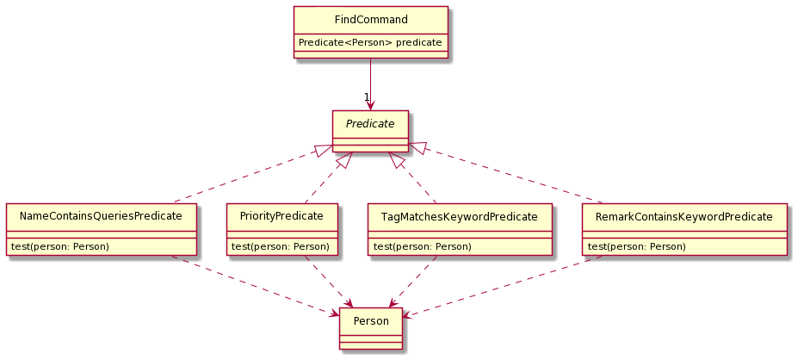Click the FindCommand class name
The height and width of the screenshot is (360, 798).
click(x=370, y=19)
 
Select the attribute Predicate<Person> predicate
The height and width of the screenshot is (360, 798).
click(x=370, y=41)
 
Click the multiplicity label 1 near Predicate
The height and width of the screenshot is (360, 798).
click(x=366, y=96)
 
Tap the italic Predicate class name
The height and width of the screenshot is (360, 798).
click(x=370, y=124)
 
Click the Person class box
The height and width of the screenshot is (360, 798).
click(x=370, y=321)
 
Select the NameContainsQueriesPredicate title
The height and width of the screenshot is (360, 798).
click(x=101, y=216)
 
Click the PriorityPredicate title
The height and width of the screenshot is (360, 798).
click(x=281, y=216)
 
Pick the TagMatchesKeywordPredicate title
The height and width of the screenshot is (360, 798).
click(x=459, y=216)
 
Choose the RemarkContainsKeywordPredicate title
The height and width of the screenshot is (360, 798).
click(x=684, y=216)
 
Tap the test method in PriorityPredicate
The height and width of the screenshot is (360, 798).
click(x=281, y=246)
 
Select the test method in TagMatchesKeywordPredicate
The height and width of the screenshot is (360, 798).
click(x=422, y=246)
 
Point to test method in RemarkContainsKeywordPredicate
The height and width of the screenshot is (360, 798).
click(x=636, y=246)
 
